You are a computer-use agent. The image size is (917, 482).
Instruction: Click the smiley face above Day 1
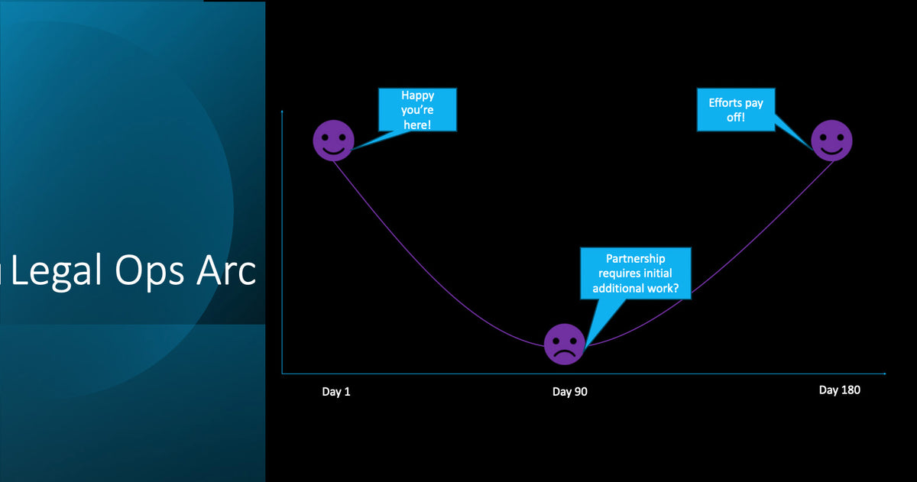[334, 141]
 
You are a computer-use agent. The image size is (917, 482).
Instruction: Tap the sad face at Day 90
[565, 344]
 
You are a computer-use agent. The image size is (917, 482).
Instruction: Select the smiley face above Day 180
[831, 141]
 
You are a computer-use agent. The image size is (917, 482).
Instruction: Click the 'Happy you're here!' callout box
[417, 110]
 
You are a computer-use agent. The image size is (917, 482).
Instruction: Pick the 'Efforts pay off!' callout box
[736, 110]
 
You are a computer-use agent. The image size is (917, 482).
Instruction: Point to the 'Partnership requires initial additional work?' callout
[636, 273]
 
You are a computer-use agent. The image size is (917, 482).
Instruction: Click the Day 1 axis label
[336, 392]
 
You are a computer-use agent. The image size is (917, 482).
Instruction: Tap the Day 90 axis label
[570, 392]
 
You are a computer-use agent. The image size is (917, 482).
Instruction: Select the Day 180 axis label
[840, 390]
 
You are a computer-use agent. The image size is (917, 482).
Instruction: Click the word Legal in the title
[56, 271]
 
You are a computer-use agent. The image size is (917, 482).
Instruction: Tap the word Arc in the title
[226, 270]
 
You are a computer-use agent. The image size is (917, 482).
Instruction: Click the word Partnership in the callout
[635, 259]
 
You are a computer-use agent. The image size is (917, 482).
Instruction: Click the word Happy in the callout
[417, 95]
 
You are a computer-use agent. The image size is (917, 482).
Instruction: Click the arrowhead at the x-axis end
[884, 374]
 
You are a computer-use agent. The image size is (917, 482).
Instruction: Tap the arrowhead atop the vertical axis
[282, 112]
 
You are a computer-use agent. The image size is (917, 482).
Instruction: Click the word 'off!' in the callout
[736, 118]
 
